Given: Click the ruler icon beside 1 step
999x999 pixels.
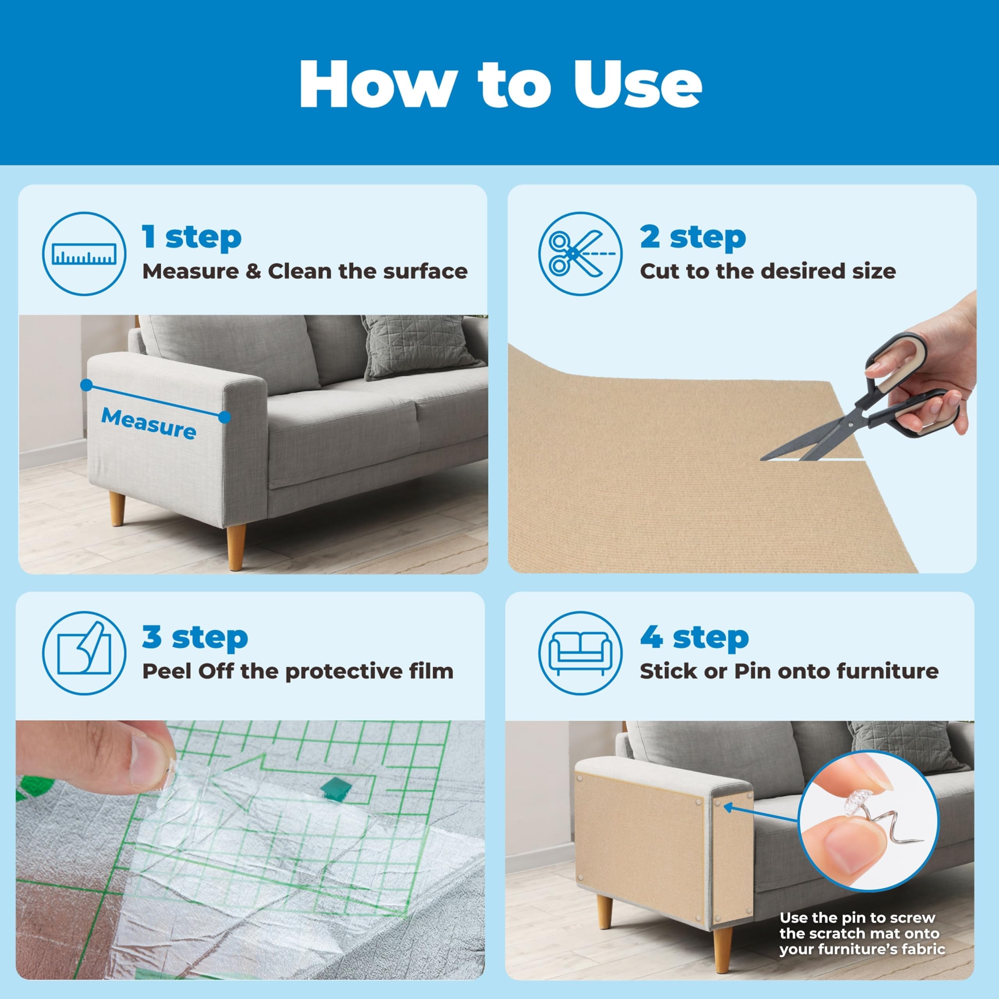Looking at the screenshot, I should (x=84, y=254).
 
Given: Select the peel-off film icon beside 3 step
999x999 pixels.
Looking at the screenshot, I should (x=84, y=653).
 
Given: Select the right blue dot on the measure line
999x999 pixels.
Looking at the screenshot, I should (x=224, y=417).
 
